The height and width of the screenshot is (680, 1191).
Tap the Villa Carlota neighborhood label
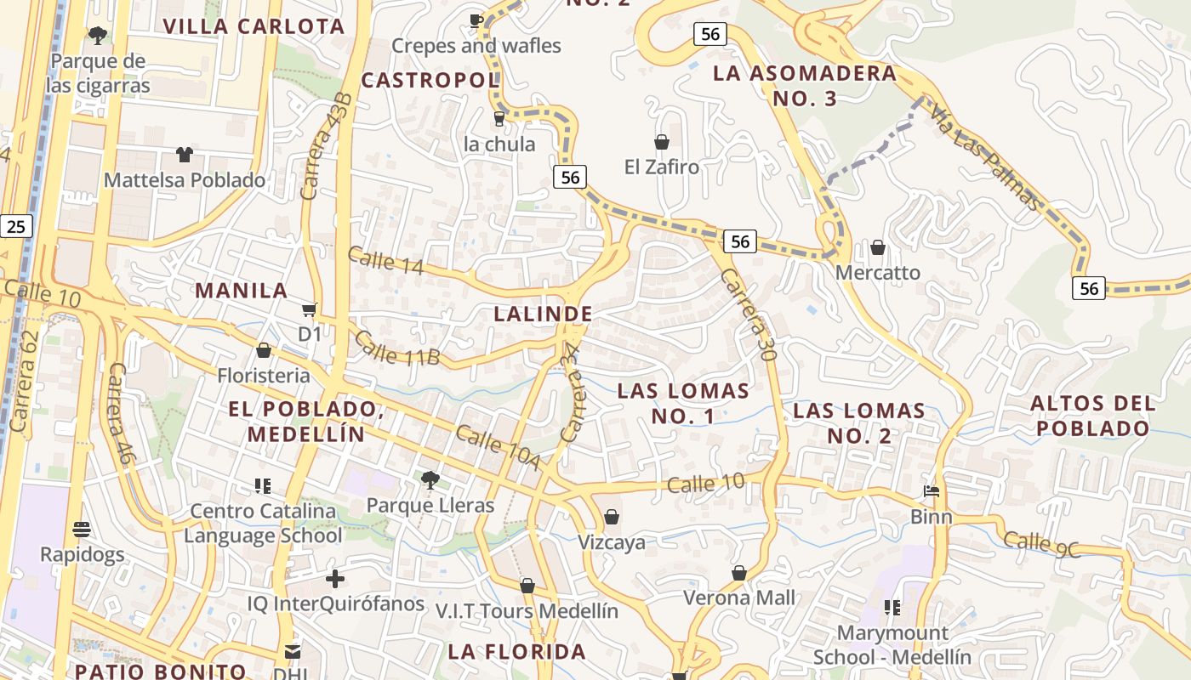(x=254, y=26)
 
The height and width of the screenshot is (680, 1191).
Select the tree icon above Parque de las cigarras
(x=98, y=36)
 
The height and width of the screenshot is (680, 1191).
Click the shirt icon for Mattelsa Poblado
(x=184, y=154)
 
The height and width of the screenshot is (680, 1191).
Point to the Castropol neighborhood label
(x=430, y=81)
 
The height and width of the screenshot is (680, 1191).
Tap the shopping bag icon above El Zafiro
(x=661, y=141)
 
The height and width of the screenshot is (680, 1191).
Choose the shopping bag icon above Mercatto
(x=877, y=247)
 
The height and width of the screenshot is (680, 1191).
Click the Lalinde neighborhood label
(x=543, y=314)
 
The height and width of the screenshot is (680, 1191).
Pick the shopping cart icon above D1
(x=310, y=309)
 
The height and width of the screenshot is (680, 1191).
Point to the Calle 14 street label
(x=385, y=260)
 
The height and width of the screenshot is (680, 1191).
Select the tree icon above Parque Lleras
(x=430, y=480)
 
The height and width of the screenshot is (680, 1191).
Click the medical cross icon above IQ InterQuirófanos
(x=335, y=579)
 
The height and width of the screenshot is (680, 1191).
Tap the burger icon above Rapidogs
(x=82, y=530)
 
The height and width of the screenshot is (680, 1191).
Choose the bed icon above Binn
(x=932, y=491)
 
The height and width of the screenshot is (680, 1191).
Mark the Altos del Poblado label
(x=1093, y=415)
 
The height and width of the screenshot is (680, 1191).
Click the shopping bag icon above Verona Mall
(x=739, y=573)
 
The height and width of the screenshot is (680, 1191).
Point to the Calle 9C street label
(x=1041, y=544)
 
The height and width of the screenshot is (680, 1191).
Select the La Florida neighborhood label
(x=517, y=652)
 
